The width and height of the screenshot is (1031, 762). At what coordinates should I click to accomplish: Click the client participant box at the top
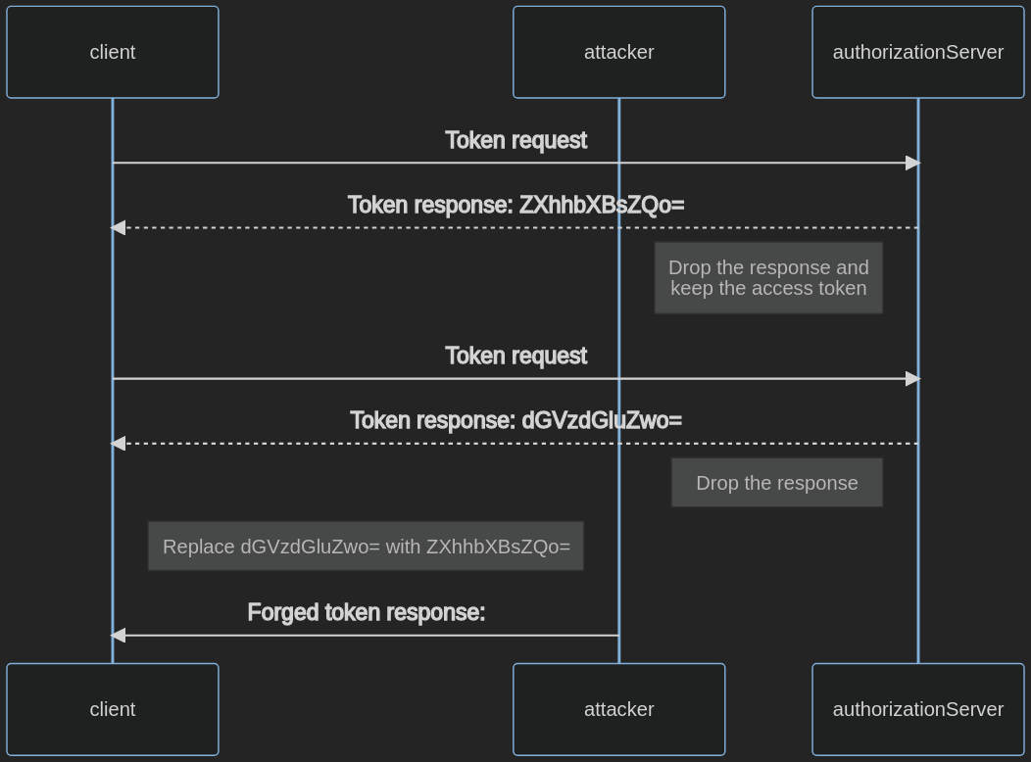coord(113,52)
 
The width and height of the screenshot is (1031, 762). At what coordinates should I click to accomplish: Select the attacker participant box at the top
coord(618,52)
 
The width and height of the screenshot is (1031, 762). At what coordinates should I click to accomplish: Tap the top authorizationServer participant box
coord(917,52)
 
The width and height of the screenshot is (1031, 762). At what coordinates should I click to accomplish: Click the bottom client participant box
coord(113,709)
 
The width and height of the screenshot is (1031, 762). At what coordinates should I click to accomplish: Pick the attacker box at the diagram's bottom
coord(618,709)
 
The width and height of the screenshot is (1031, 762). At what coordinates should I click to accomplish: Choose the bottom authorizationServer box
coord(917,709)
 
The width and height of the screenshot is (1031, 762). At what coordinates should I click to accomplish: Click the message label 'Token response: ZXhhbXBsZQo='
coord(515,205)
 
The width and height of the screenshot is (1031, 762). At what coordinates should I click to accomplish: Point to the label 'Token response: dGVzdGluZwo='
coord(515,420)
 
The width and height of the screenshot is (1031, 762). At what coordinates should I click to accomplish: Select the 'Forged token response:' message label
coord(366,612)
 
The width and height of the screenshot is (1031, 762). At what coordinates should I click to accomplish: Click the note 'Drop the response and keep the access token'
coord(768,278)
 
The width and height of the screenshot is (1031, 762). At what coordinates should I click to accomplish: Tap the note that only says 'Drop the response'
coord(776,483)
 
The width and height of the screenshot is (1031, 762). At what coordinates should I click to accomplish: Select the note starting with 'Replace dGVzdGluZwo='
coord(366,547)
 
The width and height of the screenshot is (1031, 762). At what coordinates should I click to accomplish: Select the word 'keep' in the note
coord(691,288)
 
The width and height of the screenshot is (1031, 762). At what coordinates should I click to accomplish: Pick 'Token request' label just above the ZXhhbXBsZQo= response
coord(515,140)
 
